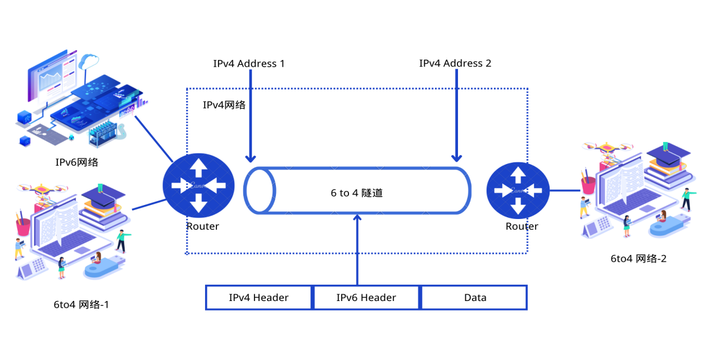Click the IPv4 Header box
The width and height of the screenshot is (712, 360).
(259, 298)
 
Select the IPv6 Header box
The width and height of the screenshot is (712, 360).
(366, 298)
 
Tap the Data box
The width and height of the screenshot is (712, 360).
(474, 298)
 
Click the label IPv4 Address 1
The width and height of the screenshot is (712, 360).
(248, 63)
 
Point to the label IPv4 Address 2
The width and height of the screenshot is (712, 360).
(455, 63)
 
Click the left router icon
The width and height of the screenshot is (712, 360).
(199, 185)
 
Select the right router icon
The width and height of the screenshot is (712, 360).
(518, 190)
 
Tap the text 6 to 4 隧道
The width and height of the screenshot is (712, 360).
(357, 193)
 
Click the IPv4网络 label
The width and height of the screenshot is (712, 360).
(224, 105)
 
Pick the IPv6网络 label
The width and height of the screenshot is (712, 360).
(76, 162)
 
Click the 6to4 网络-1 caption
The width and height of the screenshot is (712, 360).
(81, 305)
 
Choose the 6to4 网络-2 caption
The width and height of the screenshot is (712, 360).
(638, 259)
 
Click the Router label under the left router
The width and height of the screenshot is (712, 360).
(203, 226)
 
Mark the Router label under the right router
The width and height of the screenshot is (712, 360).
(522, 226)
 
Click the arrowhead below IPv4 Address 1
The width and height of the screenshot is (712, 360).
(251, 158)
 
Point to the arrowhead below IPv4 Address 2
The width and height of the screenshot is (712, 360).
(456, 158)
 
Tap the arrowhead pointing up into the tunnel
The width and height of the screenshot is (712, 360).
(357, 218)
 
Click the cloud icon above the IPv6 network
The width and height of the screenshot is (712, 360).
(89, 61)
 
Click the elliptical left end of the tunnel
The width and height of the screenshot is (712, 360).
(260, 190)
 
